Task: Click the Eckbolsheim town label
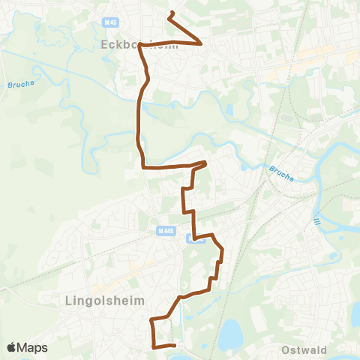(128, 45)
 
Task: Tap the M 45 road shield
(112, 22)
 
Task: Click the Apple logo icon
(12, 347)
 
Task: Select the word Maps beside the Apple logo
(33, 347)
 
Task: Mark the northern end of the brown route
(172, 13)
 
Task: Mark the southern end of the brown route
(174, 346)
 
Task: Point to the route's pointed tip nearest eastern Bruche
(206, 162)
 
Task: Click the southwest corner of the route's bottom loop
(154, 346)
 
